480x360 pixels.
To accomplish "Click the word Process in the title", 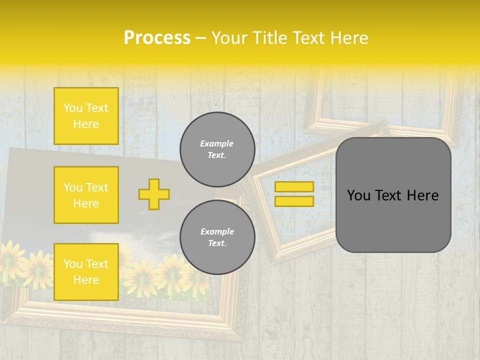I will (x=157, y=38).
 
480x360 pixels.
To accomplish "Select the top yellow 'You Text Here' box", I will (x=86, y=116).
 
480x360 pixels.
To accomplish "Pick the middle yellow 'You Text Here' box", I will (x=86, y=195).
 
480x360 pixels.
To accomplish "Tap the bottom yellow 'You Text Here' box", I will (x=86, y=271).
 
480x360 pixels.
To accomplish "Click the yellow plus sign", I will (x=154, y=194).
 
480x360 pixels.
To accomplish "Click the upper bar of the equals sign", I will (x=294, y=186).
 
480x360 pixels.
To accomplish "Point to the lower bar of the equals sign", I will (x=294, y=201).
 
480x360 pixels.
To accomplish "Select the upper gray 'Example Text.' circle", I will (x=217, y=149).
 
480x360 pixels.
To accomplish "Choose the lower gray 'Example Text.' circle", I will (x=217, y=237).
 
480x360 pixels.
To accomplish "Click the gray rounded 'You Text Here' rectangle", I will (x=393, y=195).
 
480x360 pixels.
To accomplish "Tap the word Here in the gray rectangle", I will (x=422, y=195).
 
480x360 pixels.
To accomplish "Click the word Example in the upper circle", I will (x=217, y=143).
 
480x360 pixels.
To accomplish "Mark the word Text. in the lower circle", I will (x=217, y=243).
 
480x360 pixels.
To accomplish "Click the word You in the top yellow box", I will (x=73, y=108).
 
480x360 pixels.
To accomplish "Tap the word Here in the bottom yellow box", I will (x=86, y=280).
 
